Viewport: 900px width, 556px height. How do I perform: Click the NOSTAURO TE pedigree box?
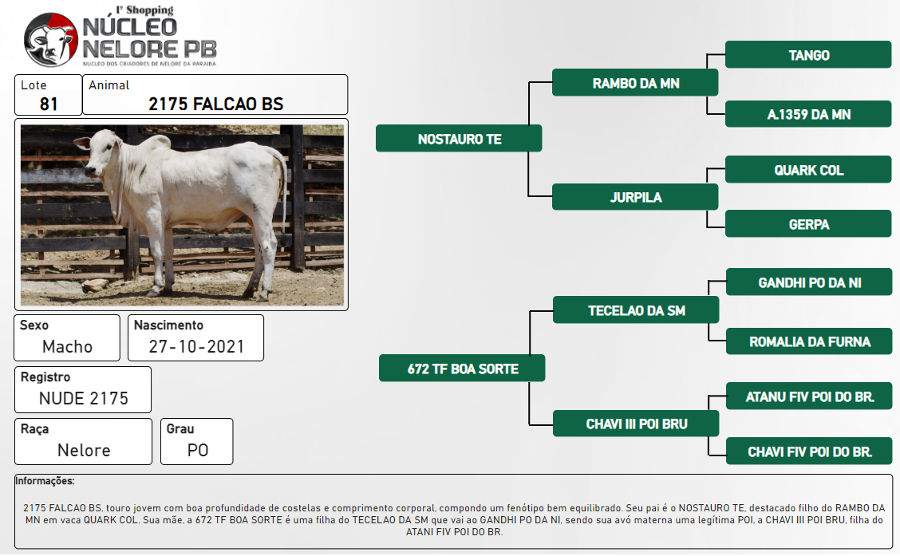459,138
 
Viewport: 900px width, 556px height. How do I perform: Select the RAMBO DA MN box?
635,83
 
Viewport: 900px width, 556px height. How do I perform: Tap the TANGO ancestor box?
808,55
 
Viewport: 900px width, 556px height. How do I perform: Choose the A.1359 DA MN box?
808,114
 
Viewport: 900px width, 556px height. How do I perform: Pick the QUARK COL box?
808,170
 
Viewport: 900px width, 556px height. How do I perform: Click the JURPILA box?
635,197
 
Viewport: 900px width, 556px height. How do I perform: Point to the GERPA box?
808,224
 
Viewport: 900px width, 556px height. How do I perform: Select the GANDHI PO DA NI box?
809,282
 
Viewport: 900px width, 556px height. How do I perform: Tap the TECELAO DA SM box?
636,310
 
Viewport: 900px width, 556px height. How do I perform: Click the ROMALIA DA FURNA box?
809,341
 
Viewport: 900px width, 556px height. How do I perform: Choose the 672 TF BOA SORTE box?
462,369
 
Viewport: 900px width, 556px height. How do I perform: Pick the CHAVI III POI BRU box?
636,424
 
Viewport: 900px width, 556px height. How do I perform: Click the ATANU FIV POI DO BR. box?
809,396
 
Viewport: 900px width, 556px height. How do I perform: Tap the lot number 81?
49,104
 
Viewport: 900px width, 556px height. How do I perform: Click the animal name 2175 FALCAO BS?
215,104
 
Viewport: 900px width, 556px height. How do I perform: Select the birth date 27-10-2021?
196,346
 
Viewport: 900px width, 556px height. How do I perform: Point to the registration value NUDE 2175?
83,398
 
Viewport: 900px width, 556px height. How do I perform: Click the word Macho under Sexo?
67,346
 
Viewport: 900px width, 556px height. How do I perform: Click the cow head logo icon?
50,40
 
